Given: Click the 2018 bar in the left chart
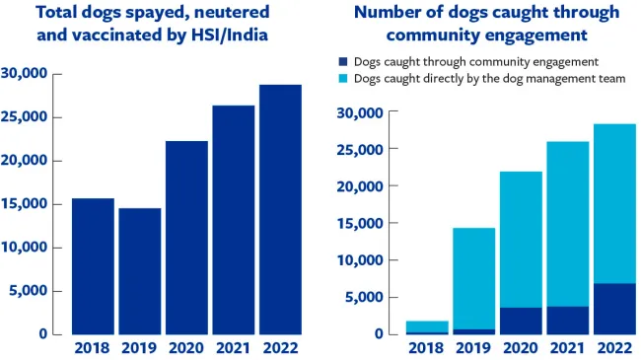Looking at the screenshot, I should tap(93, 266).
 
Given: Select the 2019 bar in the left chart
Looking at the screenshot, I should tap(139, 271).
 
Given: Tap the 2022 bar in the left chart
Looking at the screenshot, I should tap(280, 209).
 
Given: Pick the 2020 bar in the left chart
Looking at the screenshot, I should tap(186, 237).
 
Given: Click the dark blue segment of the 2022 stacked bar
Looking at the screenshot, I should tap(614, 309).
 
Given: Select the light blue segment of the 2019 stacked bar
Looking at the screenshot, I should tap(473, 278).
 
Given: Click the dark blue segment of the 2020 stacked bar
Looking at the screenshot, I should tap(521, 321).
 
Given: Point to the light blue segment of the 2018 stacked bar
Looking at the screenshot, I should tap(426, 325).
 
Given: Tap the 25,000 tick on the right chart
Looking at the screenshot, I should tap(360, 149).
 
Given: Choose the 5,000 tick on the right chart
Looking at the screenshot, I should tap(364, 297).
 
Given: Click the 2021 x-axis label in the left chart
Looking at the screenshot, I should tap(234, 347).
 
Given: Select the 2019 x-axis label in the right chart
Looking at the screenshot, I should tap(473, 347).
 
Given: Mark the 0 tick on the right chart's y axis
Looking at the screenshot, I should tap(379, 334).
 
